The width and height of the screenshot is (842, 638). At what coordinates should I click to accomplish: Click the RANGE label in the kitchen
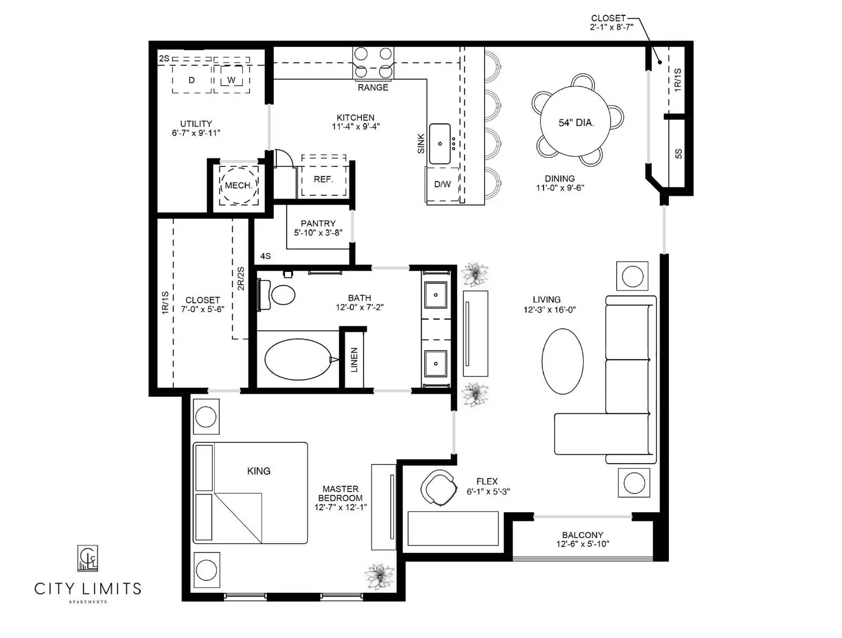[373, 87]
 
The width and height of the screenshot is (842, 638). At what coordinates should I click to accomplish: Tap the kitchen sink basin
[440, 144]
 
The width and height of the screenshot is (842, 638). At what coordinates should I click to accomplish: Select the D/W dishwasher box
[442, 184]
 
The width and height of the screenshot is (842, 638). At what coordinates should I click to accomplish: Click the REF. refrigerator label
[323, 180]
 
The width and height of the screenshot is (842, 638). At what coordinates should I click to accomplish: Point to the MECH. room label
[238, 185]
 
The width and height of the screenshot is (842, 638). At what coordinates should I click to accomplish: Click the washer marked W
[232, 80]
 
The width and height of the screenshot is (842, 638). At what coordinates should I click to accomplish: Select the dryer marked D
[192, 80]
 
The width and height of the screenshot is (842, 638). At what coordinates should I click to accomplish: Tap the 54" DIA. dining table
[576, 123]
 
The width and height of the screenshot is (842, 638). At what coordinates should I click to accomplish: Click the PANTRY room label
[318, 223]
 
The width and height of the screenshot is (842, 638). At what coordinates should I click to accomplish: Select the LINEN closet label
[354, 360]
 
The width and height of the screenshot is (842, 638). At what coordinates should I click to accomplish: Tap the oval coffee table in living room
[563, 361]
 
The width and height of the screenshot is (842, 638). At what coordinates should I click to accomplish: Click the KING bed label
[258, 471]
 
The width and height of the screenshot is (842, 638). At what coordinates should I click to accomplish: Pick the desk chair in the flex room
[437, 488]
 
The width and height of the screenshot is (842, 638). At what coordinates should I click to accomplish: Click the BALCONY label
[582, 535]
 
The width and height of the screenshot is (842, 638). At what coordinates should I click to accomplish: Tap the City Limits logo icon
[87, 558]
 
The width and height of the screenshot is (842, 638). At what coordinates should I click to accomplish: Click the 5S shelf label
[678, 153]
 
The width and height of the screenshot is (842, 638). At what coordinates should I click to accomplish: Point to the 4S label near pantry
[265, 256]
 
